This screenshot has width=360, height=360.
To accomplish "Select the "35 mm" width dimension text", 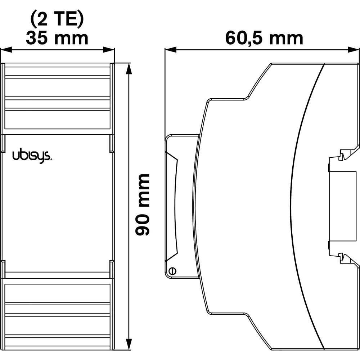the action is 57,38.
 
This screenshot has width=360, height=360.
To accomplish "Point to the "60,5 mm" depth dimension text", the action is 264,38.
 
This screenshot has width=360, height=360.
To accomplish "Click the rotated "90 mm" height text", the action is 142,205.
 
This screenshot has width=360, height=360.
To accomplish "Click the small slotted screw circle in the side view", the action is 172,271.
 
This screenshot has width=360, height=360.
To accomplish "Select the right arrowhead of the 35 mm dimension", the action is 109,49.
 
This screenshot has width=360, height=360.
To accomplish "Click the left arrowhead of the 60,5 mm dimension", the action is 171,50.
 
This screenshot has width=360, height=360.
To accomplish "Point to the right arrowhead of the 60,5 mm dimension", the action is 354,50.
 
